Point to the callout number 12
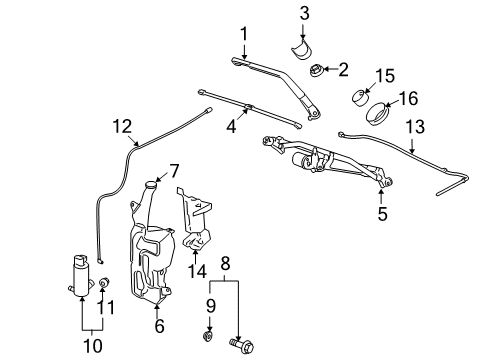(121, 126)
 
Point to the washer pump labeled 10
(77, 276)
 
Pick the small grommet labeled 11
(104, 286)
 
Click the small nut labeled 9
(208, 335)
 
